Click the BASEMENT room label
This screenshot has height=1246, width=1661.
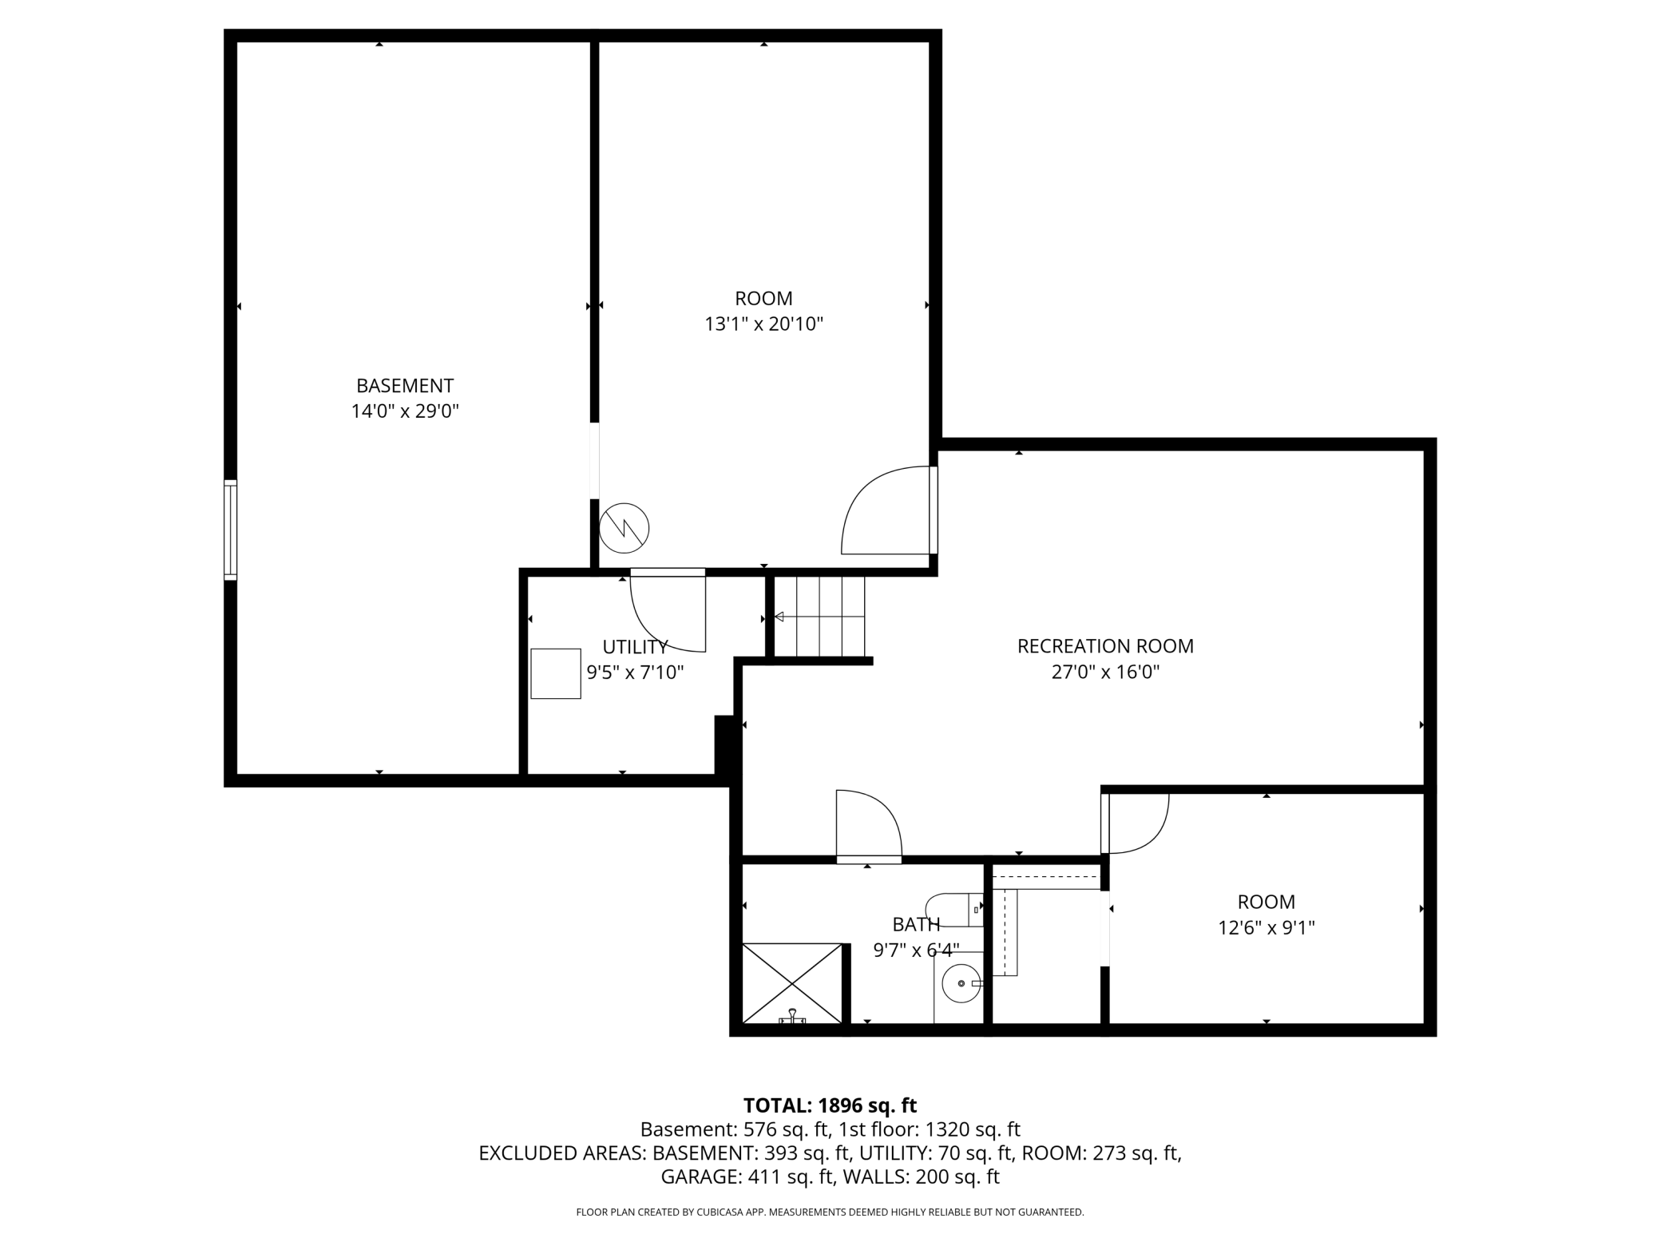pos(405,386)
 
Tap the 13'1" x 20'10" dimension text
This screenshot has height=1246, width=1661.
pos(763,324)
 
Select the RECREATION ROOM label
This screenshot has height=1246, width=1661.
pos(1105,646)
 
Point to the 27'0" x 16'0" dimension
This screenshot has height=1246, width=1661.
pos(1105,673)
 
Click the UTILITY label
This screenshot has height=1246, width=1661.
pos(635,647)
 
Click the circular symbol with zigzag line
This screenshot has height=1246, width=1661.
pos(624,528)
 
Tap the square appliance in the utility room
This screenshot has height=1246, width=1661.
pos(556,674)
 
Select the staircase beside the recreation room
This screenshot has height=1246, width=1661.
pos(820,617)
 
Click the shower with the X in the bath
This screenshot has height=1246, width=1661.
pos(792,983)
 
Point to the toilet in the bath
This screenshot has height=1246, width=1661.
pos(953,910)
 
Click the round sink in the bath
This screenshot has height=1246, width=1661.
pos(961,983)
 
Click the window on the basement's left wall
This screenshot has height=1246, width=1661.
pos(231,530)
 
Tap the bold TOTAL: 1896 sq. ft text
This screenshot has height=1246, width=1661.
pos(830,1105)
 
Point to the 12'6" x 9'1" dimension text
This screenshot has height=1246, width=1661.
pos(1266,928)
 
